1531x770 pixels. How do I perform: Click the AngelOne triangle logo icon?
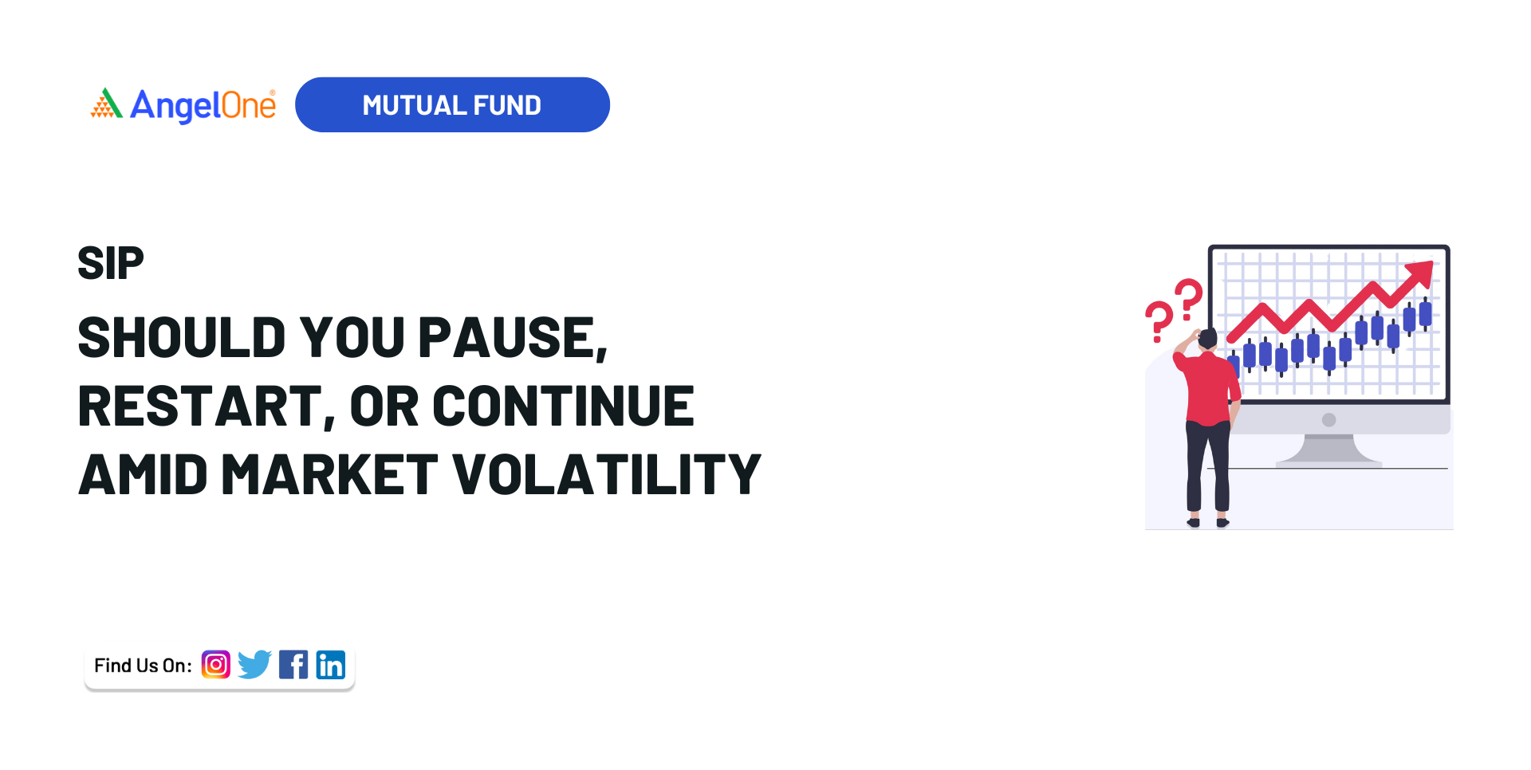[106, 104]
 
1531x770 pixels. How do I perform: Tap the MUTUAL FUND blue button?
[452, 104]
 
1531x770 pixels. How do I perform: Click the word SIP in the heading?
[111, 263]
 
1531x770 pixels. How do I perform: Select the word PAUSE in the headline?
[513, 338]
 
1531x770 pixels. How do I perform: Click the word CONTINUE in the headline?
[563, 406]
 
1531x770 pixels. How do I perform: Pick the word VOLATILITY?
[607, 474]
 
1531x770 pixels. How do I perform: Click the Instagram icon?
[216, 664]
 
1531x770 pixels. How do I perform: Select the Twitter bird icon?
[254, 664]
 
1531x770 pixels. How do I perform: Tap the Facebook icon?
[293, 664]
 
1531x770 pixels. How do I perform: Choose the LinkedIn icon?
[331, 664]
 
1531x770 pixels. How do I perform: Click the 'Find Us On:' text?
[143, 666]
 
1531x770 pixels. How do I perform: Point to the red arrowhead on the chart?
[1421, 274]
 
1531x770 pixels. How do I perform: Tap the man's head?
[1207, 339]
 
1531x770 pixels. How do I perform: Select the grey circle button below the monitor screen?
[1328, 419]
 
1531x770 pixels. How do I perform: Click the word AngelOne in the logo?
[203, 105]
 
